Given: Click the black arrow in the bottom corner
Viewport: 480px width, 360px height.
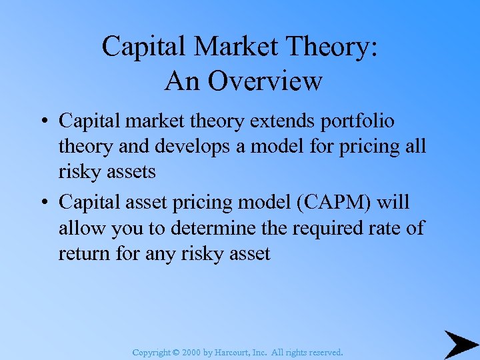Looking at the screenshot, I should coord(461,344).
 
